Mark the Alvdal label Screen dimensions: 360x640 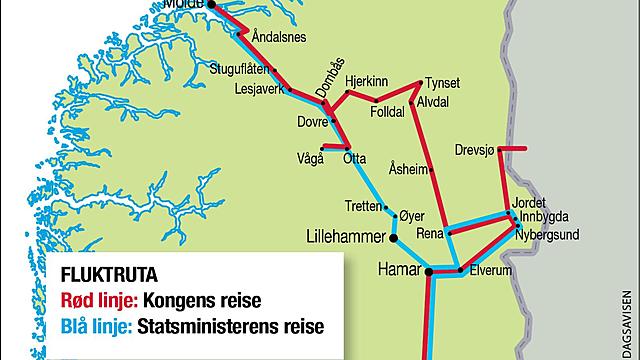(x=435, y=102)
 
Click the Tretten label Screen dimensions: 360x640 (x=362, y=206)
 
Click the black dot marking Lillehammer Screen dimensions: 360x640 (x=394, y=238)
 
